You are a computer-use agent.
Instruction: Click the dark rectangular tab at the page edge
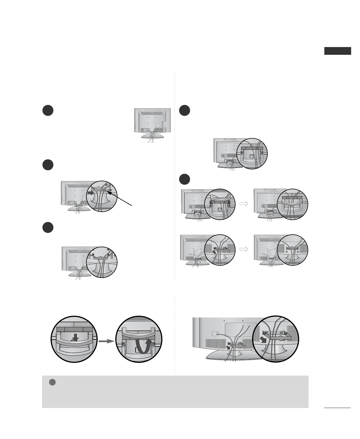pyautogui.click(x=338, y=51)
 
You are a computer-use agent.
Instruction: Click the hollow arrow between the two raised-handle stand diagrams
pyautogui.click(x=244, y=203)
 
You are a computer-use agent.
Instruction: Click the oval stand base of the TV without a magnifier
pyautogui.click(x=152, y=136)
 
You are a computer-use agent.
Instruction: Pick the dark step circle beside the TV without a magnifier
pyautogui.click(x=48, y=110)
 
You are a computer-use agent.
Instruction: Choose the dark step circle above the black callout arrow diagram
pyautogui.click(x=48, y=165)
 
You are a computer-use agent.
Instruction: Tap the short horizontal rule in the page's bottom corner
pyautogui.click(x=337, y=408)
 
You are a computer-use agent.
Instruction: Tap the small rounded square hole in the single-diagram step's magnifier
pyautogui.click(x=251, y=156)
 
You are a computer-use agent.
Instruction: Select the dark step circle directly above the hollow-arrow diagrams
pyautogui.click(x=184, y=179)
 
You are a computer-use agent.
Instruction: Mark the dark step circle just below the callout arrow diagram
pyautogui.click(x=48, y=227)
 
